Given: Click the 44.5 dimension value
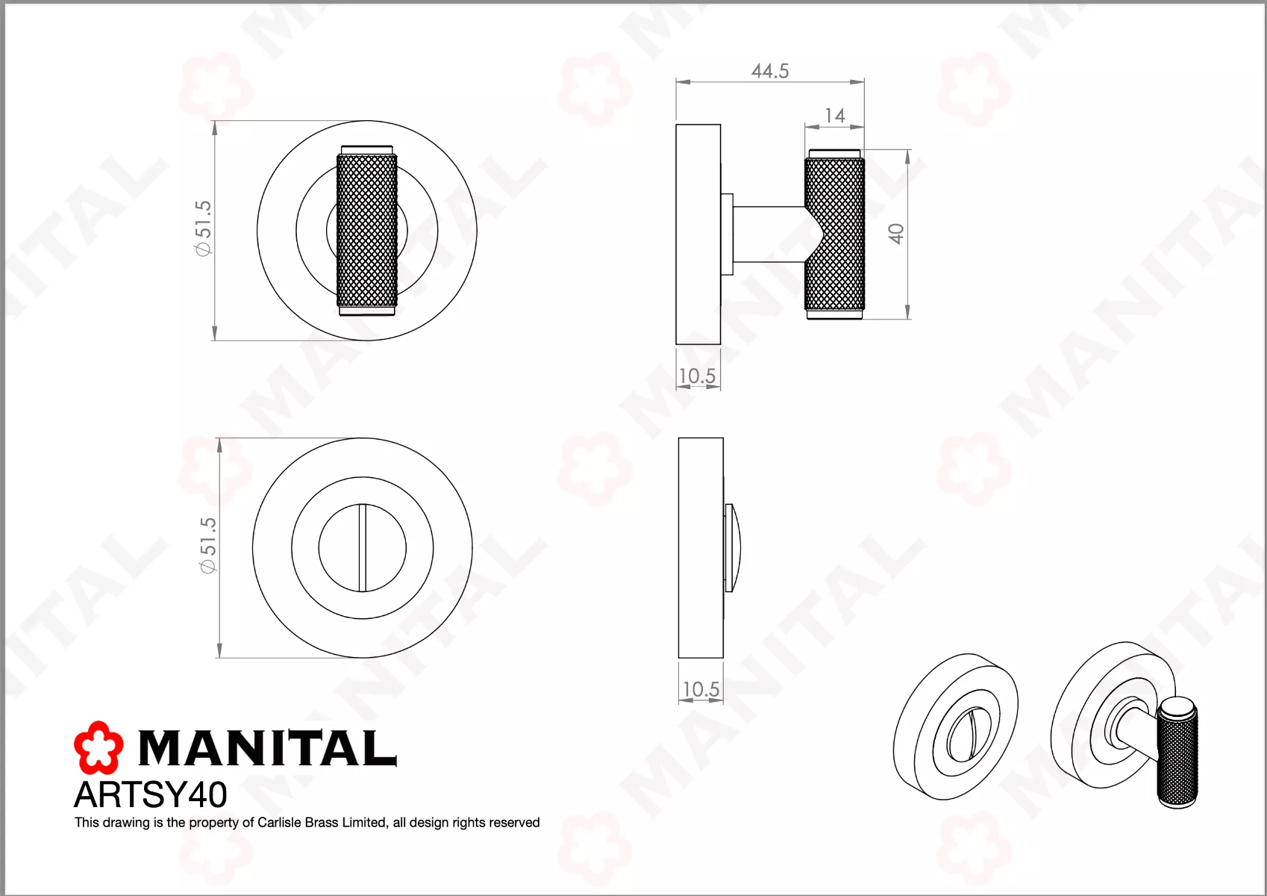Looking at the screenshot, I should coord(769,71).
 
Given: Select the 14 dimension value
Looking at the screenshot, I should coord(834,116).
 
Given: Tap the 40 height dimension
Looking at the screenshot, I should coord(896,234).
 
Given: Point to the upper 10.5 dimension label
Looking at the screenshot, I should coord(697,376).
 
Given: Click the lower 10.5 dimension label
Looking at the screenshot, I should coord(701,689).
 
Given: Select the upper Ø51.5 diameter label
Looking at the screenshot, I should coord(203,228).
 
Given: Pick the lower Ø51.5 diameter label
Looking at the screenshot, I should coord(207,545).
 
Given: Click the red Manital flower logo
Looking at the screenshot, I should coord(98,747).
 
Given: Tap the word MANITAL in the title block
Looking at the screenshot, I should coord(267,748).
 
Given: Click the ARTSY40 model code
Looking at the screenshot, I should coord(151,794).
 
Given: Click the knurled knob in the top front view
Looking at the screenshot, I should coord(366,231).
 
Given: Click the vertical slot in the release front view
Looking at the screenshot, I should coord(363,547).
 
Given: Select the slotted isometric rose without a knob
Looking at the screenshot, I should coord(955,727).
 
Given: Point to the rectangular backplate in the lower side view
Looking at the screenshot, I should coord(700,547).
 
